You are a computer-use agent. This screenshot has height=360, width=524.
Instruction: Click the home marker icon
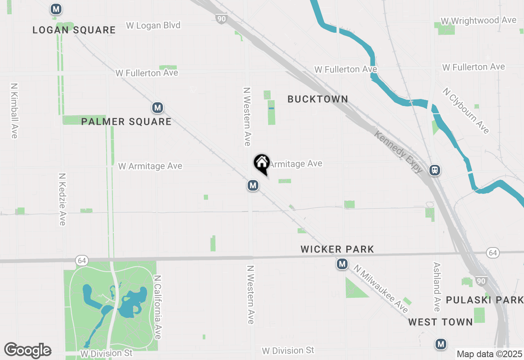coord(262,163)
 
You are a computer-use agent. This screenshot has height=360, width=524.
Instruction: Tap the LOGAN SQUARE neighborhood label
coord(74,30)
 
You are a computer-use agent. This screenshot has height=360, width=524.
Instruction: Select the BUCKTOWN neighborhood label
coord(318,99)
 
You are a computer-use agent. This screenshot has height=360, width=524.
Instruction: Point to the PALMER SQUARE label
coord(126,122)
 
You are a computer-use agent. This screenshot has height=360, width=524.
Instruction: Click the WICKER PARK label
coord(337,249)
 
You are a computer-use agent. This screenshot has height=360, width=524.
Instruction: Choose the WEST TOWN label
coord(440,322)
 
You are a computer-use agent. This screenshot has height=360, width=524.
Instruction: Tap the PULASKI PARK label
coord(485,300)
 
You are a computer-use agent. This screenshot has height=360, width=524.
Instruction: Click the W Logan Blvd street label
coord(153,25)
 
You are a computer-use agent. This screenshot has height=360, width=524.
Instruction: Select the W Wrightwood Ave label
coord(478,20)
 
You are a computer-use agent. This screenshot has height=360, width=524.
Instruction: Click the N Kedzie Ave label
coord(62,199)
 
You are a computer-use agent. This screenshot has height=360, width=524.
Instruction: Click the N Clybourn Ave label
coord(465,110)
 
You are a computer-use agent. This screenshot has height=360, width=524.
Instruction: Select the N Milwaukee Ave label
coord(381,289)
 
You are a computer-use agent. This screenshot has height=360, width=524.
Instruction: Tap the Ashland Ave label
coord(436,287)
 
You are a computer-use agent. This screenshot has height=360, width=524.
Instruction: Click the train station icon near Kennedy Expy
coord(435,170)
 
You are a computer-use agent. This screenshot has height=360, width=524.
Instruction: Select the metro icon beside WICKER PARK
coord(342,264)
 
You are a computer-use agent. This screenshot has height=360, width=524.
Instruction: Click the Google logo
coord(27,350)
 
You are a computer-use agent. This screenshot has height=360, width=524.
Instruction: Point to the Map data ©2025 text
coord(489,354)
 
